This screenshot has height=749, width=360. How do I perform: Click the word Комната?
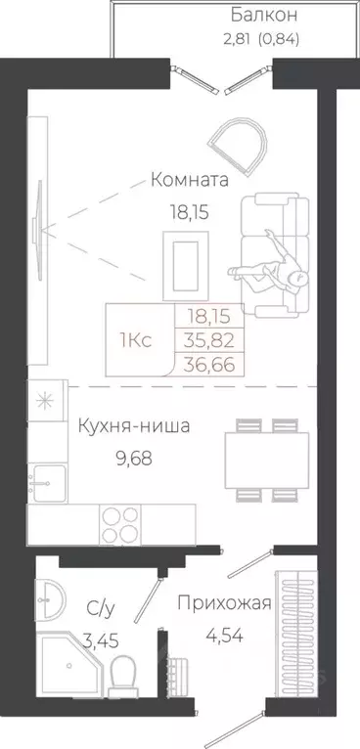[189, 180]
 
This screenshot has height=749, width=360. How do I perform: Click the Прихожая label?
[223, 602]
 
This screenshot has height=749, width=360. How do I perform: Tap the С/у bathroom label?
[100, 609]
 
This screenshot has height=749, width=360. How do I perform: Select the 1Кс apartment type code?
[134, 339]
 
